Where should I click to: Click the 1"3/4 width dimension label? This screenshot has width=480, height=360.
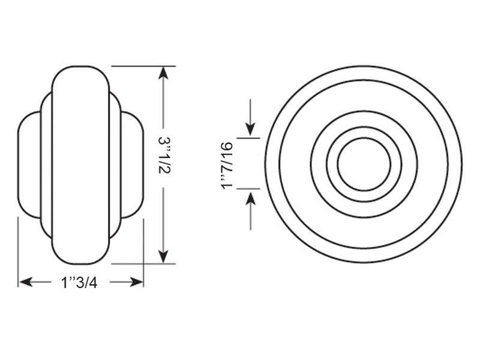pyautogui.click(x=79, y=282)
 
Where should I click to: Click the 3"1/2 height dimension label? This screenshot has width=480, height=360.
pyautogui.click(x=164, y=155)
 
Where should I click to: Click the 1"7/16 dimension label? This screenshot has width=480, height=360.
pyautogui.click(x=227, y=166)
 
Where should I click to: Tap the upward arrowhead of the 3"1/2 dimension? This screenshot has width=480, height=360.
pyautogui.click(x=163, y=73)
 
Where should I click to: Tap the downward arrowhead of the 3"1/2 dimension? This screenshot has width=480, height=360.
pyautogui.click(x=163, y=257)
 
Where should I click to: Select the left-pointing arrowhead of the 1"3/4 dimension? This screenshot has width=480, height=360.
pyautogui.click(x=26, y=282)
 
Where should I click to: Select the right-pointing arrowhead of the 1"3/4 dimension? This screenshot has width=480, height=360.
pyautogui.click(x=136, y=282)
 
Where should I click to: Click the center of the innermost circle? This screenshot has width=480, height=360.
pyautogui.click(x=364, y=164)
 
